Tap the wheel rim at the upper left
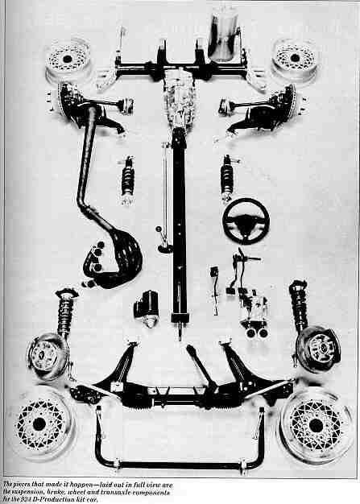(68, 60)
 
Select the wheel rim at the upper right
(295, 60)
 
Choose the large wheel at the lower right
(315, 425)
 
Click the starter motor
(147, 308)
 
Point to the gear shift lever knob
(158, 229)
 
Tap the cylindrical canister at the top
(224, 35)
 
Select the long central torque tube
(179, 225)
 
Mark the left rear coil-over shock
(128, 180)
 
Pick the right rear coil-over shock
(228, 179)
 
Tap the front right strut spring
(299, 305)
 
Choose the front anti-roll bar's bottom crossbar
(180, 465)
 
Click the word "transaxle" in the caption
(116, 493)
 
